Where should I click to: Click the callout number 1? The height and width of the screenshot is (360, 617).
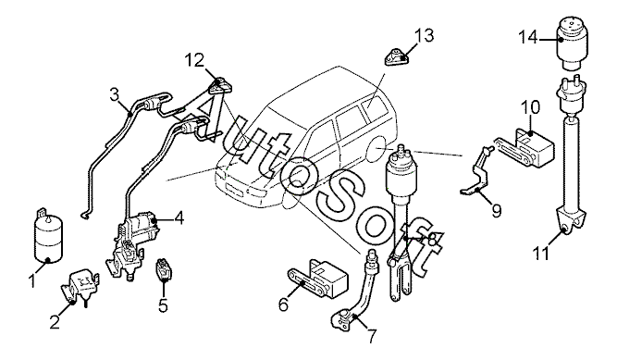coord(32,281)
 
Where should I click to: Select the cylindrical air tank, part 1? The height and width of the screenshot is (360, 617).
coord(49,236)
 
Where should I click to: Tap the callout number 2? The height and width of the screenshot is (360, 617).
coord(54,323)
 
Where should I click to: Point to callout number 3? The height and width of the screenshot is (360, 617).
coord(114,95)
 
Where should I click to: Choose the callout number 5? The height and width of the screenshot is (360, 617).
coord(163,304)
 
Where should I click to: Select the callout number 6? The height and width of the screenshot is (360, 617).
coord(284,304)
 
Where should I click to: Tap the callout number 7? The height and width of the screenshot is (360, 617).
coord(371,335)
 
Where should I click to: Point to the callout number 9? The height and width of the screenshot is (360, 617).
coord(496,211)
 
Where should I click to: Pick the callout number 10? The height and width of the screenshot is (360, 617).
coord(531,107)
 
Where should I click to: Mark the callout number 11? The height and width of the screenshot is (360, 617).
coord(541,254)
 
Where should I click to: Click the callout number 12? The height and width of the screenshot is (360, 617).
coord(195,60)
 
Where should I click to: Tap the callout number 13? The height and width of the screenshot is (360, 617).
coord(425,35)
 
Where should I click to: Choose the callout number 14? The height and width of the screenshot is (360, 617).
coord(527,37)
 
